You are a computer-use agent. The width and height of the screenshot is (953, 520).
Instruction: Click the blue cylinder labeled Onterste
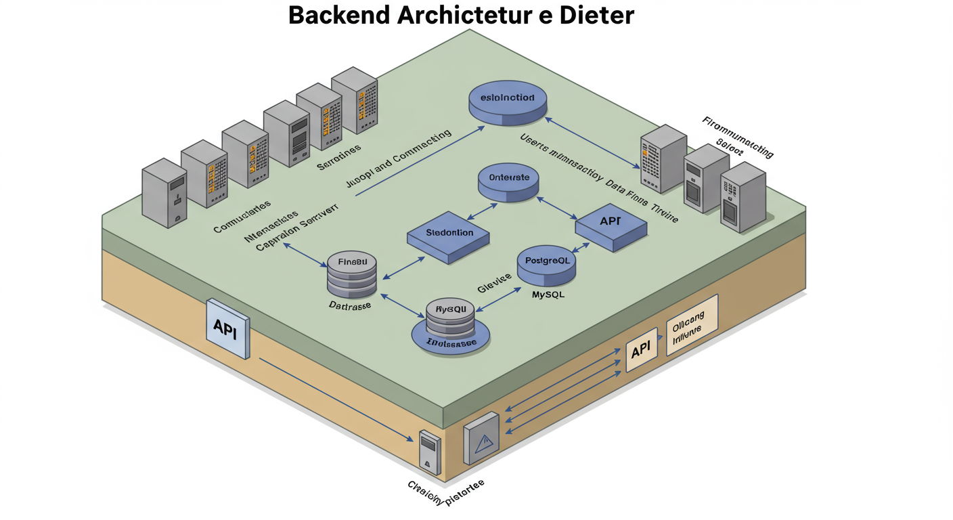508,181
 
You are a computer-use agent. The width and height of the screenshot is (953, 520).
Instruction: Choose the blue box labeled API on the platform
611,225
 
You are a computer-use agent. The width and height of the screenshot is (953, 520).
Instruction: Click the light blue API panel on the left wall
227,328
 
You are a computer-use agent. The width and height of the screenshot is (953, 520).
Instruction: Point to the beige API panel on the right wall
641,351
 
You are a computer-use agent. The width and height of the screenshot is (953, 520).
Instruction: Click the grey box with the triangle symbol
482,438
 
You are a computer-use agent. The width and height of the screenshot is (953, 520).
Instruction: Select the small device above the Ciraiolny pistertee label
430,451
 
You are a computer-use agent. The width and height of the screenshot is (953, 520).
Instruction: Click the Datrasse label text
349,306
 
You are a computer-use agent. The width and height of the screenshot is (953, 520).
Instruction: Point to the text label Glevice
497,287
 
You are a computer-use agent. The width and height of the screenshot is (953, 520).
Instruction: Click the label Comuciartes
242,217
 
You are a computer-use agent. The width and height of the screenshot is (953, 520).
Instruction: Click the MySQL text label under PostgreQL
547,295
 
